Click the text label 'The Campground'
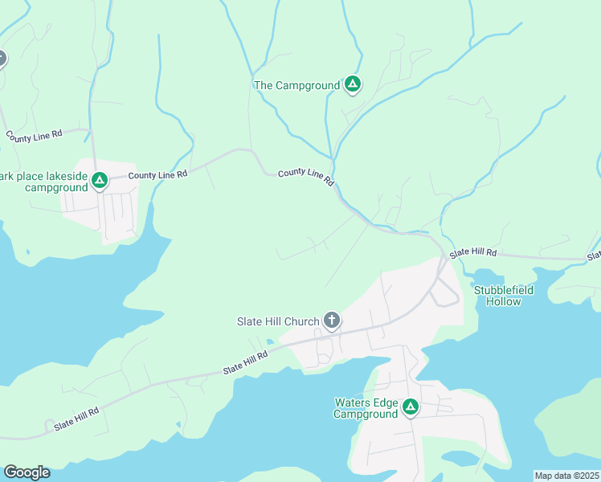(x=296, y=85)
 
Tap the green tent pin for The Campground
(x=352, y=83)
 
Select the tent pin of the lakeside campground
(x=100, y=181)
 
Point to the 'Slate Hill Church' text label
(x=277, y=321)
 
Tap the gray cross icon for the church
(x=331, y=321)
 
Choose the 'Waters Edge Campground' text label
(x=366, y=409)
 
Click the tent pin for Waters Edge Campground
(x=411, y=407)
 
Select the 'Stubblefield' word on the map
(x=503, y=290)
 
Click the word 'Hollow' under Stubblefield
(x=503, y=301)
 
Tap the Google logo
(x=27, y=472)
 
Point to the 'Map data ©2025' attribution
(x=566, y=476)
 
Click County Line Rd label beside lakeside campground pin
(x=157, y=174)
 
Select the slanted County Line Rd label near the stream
(x=305, y=177)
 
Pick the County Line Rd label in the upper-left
(x=34, y=136)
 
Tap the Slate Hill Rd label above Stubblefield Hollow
(x=473, y=252)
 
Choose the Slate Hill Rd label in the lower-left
(x=76, y=419)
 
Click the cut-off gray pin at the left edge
(x=2, y=59)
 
